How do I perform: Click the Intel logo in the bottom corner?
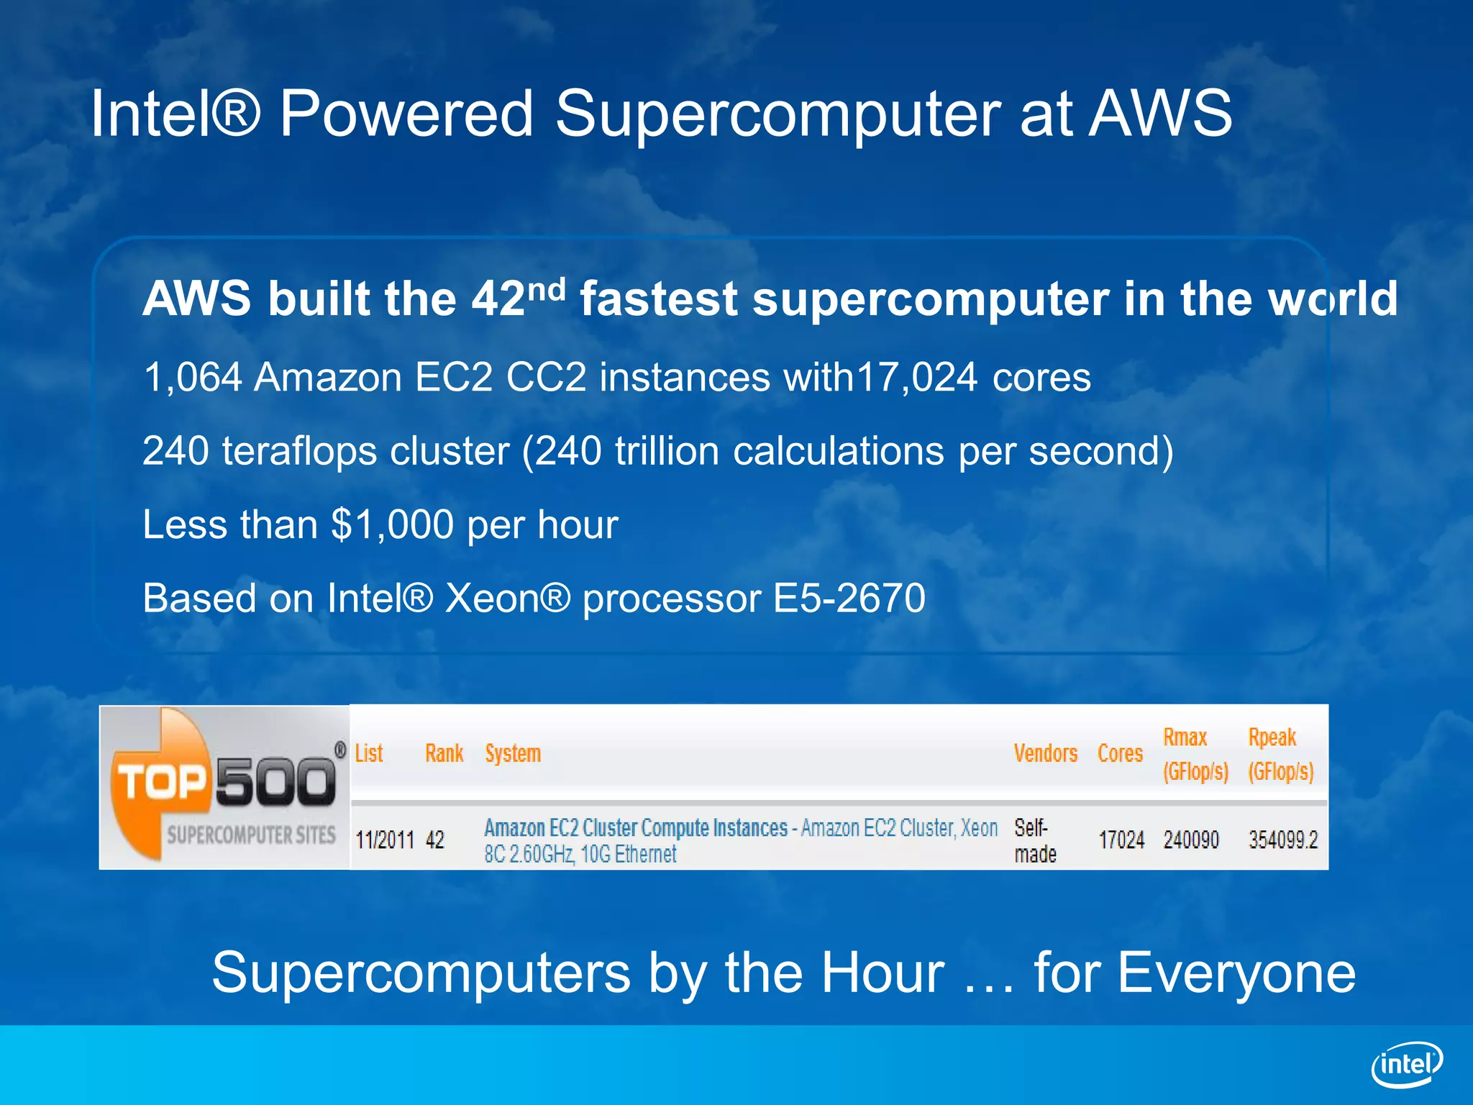[1407, 1064]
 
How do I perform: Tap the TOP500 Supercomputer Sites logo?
[224, 787]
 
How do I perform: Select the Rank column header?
[444, 753]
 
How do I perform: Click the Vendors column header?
[1045, 753]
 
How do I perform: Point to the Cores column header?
[1120, 753]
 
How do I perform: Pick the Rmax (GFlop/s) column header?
[1195, 754]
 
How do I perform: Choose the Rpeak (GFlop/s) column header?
[1280, 754]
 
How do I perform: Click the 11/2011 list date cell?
[385, 840]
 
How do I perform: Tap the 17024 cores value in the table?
[1121, 840]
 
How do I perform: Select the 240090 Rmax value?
[1191, 840]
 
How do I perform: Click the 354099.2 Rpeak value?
[1283, 840]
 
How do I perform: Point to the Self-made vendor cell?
[1035, 840]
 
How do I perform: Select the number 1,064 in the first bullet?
[193, 377]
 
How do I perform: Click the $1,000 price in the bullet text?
[392, 524]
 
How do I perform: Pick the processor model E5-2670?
[849, 598]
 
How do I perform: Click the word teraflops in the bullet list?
[299, 452]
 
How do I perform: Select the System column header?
[513, 753]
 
